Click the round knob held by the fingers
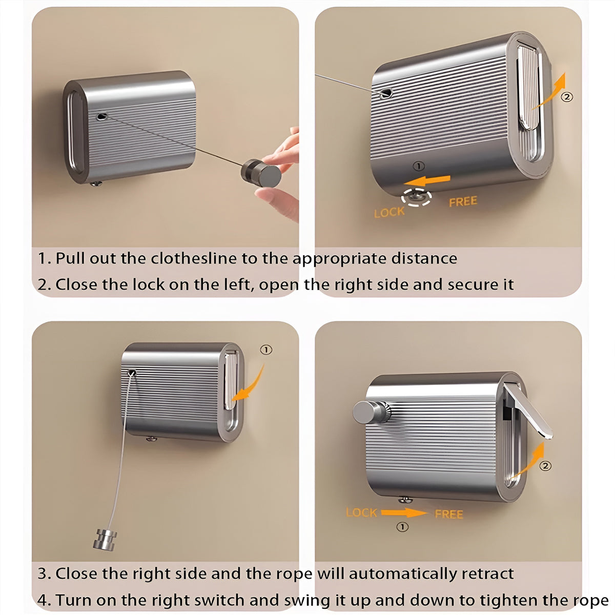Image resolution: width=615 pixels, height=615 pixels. [x=261, y=173]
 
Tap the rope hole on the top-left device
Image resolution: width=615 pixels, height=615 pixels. [x=102, y=116]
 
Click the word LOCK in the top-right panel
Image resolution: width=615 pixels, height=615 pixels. [x=389, y=212]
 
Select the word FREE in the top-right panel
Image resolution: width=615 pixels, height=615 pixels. [x=463, y=201]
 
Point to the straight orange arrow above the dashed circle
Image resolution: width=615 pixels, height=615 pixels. [x=427, y=181]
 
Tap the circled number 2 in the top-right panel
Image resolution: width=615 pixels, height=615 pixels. [x=567, y=97]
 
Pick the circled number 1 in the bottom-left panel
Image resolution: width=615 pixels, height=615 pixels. [x=266, y=350]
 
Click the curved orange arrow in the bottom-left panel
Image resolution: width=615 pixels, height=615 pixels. [x=250, y=385]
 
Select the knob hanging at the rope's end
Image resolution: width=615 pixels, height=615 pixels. [x=105, y=540]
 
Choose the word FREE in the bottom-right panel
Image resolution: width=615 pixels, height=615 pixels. [x=449, y=515]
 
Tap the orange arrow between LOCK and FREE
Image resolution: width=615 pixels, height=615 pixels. [x=404, y=513]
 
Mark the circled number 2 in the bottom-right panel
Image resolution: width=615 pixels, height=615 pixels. [x=545, y=466]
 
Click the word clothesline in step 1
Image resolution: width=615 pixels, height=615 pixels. [x=194, y=258]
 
